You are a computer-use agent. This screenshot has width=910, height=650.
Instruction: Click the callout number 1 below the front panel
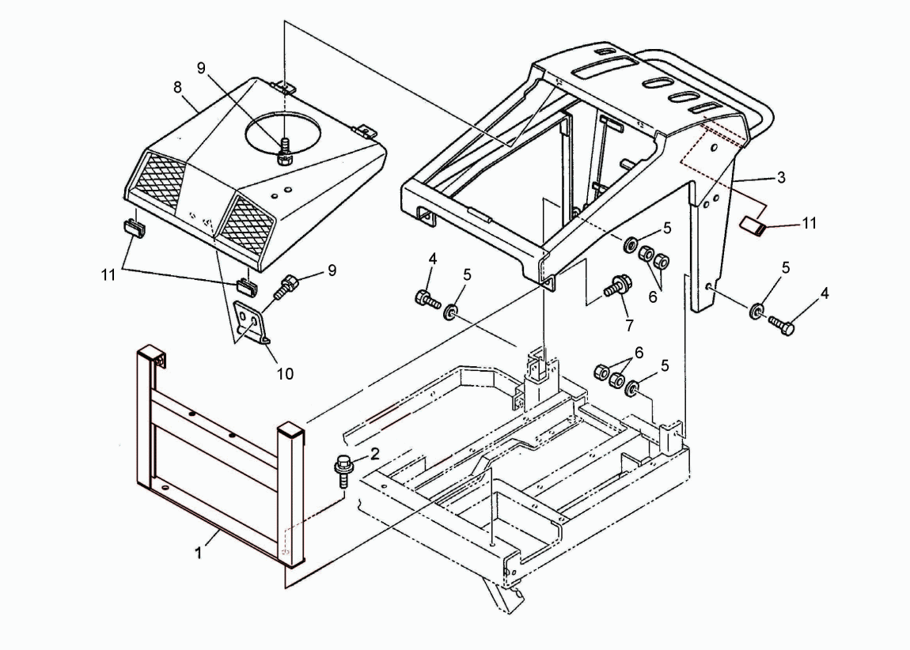[198, 554]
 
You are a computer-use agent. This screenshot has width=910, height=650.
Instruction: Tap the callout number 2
[374, 453]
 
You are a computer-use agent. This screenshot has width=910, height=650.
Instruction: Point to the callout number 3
[781, 177]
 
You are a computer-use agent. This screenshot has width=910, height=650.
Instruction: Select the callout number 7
[630, 326]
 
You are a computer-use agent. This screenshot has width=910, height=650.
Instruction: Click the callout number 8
[177, 87]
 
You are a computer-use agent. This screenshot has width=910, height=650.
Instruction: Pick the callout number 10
[285, 374]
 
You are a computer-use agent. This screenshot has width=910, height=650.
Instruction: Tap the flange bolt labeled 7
[617, 285]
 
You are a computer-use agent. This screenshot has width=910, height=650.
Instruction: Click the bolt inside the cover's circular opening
[284, 151]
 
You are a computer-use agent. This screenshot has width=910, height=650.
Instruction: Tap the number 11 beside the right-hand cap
[809, 223]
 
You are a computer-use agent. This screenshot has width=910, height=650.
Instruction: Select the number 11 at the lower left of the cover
[108, 274]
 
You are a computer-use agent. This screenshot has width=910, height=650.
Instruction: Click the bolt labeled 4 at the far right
[782, 325]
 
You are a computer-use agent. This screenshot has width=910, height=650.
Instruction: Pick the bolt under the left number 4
[428, 299]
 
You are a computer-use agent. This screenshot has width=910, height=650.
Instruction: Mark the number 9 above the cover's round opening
[201, 68]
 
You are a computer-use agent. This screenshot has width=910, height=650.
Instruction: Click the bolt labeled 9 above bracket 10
[286, 286]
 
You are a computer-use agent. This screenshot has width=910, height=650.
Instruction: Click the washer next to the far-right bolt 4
[756, 310]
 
